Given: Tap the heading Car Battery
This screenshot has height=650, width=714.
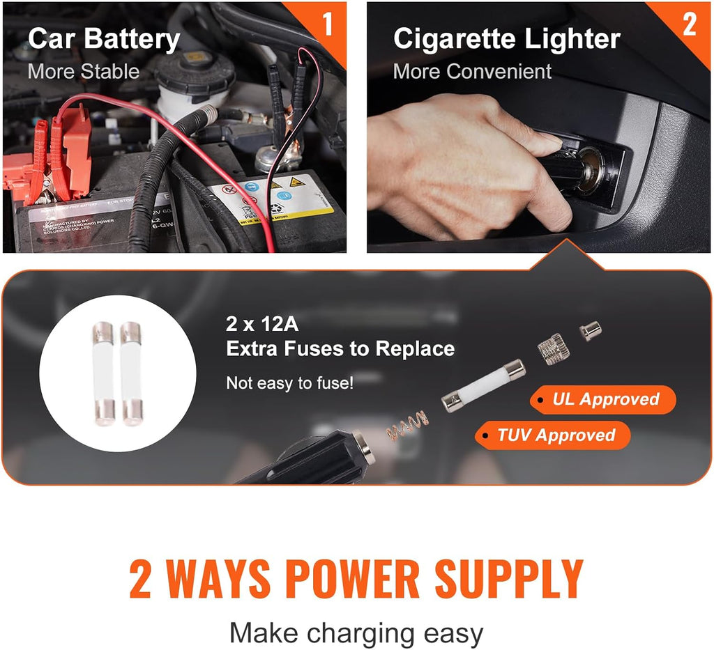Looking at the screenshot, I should click(x=103, y=40).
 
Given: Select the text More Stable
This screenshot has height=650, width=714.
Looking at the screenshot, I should click(x=83, y=71).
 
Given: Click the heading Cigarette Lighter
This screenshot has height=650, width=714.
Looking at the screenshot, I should click(x=506, y=40).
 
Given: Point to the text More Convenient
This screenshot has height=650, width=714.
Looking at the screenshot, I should click(x=472, y=71).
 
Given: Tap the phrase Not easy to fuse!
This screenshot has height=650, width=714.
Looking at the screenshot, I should click(x=289, y=382).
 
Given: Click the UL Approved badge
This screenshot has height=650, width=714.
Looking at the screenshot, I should click(x=604, y=400).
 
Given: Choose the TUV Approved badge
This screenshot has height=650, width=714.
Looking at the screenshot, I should click(x=554, y=435).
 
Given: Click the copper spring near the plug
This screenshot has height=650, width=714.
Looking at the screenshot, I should click(x=408, y=424).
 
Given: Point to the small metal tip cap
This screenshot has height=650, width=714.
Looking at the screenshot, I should click(x=591, y=330).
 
